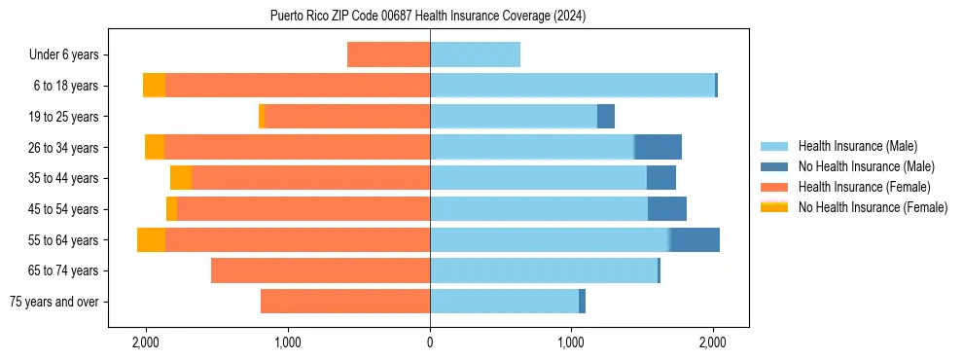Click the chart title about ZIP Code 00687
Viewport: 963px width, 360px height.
point(428,16)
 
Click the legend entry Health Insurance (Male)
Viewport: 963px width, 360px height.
point(857,146)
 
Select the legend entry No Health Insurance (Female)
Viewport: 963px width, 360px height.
point(873,207)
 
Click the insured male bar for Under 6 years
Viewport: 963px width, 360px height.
point(475,55)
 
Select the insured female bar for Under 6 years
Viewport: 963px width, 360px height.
point(388,55)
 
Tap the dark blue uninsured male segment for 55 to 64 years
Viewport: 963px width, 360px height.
point(695,240)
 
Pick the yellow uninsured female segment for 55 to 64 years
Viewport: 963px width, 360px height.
point(151,240)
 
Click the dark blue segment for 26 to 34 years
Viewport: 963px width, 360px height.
point(658,148)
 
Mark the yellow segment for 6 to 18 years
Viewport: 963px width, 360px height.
point(154,86)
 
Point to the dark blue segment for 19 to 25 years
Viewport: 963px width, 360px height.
point(606,117)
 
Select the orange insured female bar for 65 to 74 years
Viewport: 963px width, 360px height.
point(320,270)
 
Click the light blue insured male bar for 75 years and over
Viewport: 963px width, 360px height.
point(504,302)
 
